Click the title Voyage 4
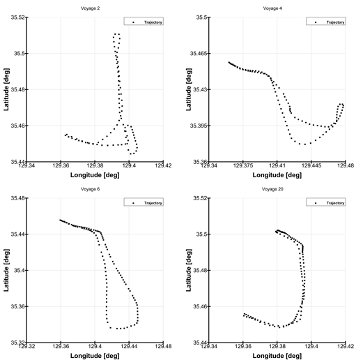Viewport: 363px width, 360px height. tap(277, 8)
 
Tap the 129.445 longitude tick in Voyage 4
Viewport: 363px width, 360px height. tap(311, 166)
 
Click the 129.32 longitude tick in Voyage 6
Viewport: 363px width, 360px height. tap(27, 347)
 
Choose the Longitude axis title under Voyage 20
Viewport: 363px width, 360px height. tap(277, 355)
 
